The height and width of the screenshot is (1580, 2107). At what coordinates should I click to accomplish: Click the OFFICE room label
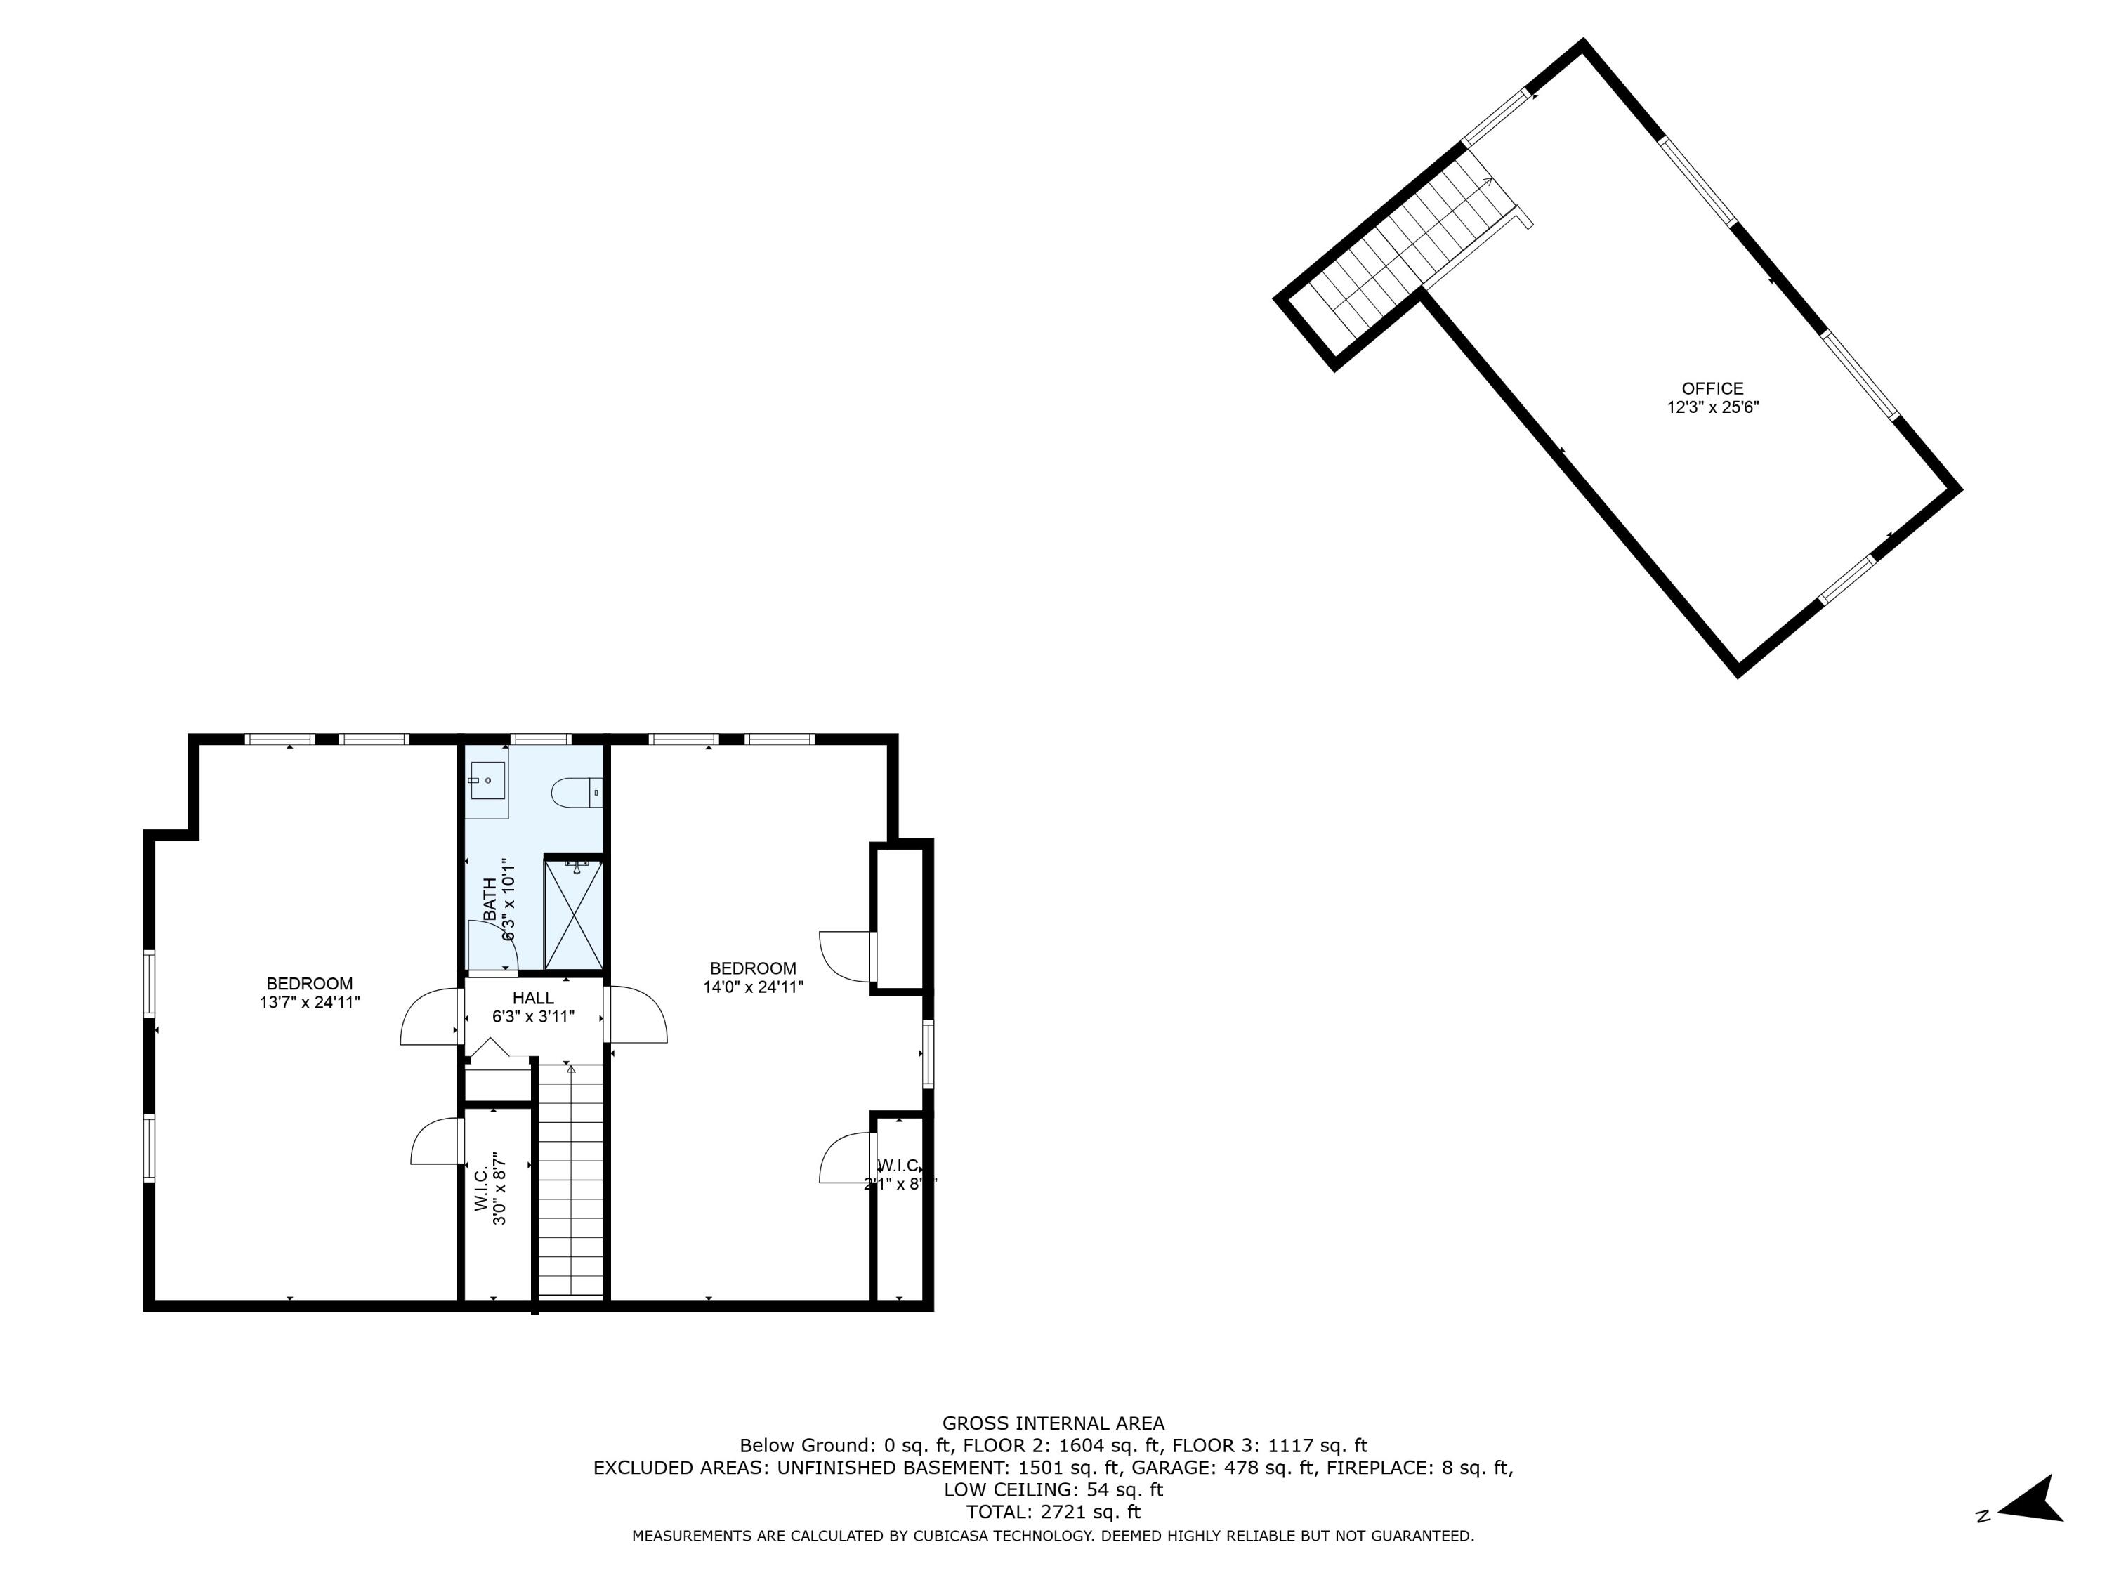pyautogui.click(x=1712, y=388)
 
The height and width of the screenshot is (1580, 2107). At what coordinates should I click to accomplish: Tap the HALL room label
pyautogui.click(x=532, y=998)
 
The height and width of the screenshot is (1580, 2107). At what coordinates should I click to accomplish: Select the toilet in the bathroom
pyautogui.click(x=577, y=791)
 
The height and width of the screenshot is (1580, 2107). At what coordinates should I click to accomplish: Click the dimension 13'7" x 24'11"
pyautogui.click(x=310, y=1002)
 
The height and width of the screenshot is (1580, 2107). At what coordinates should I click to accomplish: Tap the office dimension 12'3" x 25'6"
pyautogui.click(x=1712, y=407)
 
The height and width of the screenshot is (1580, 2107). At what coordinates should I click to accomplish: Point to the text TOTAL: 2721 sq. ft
pyautogui.click(x=1053, y=1511)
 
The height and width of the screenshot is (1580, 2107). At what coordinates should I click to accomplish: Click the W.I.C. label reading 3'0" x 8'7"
pyautogui.click(x=490, y=1190)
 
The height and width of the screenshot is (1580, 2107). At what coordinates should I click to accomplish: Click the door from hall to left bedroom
pyautogui.click(x=431, y=1017)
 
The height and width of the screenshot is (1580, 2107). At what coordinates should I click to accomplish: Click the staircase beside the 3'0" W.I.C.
pyautogui.click(x=570, y=1181)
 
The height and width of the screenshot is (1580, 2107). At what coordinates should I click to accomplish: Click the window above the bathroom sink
pyautogui.click(x=541, y=739)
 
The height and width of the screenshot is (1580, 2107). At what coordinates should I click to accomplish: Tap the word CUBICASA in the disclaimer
pyautogui.click(x=954, y=1535)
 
